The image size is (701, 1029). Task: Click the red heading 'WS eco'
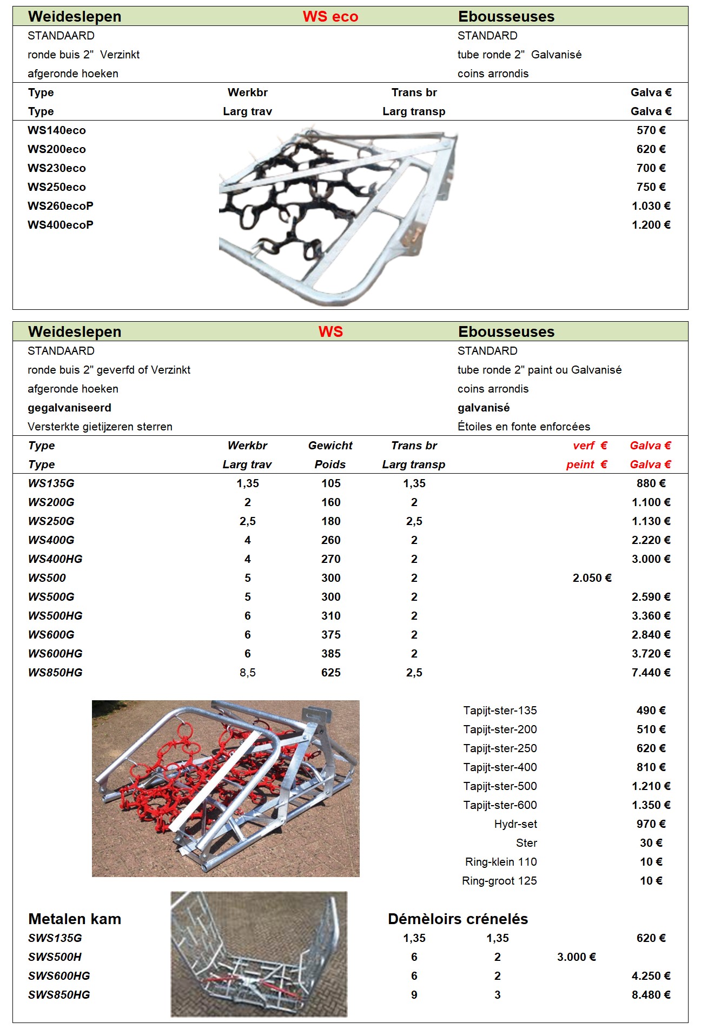click(330, 17)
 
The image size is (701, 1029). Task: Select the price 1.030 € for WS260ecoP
click(651, 206)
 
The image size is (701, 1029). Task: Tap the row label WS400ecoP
click(61, 225)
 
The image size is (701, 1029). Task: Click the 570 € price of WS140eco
click(651, 130)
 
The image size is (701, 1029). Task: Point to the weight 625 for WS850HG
click(330, 673)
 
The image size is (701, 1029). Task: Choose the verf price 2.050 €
click(592, 578)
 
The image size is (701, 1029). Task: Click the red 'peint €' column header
click(586, 464)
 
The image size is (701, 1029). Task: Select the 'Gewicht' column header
click(330, 446)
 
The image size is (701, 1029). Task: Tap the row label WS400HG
click(55, 559)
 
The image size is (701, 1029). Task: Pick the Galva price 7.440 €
click(651, 673)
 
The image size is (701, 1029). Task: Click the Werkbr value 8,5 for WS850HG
click(247, 673)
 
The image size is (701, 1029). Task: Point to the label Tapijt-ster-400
click(500, 767)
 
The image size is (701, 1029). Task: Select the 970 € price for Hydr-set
click(651, 824)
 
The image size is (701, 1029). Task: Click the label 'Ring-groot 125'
click(499, 881)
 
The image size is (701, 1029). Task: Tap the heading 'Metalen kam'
click(75, 919)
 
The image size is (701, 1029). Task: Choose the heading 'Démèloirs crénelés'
click(458, 919)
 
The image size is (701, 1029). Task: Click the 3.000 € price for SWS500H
click(576, 957)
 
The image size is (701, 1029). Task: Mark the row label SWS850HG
click(59, 995)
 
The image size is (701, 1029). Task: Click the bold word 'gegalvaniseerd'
click(69, 408)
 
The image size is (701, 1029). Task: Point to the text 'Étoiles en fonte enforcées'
click(524, 427)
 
